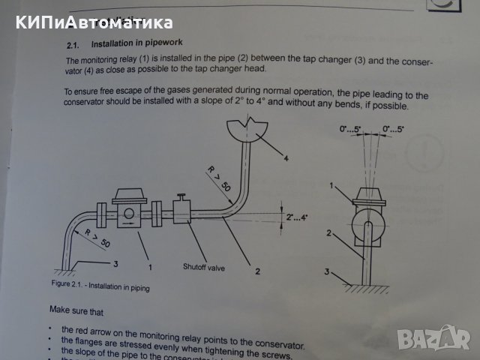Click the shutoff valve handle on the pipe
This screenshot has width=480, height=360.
pyautogui.click(x=182, y=199)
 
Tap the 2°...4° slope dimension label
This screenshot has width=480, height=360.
pyautogui.click(x=298, y=217)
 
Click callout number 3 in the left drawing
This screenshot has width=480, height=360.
pyautogui.click(x=115, y=263)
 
